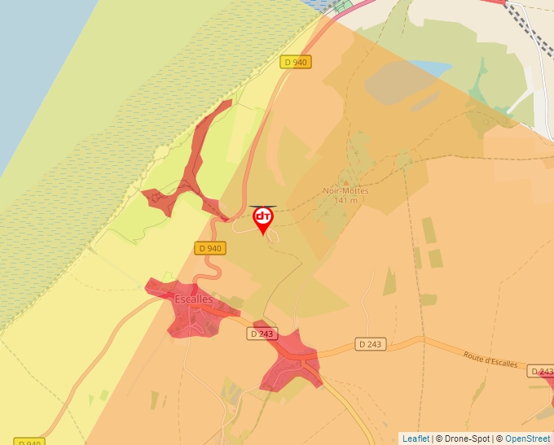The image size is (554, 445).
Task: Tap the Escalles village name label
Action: coord(194,299)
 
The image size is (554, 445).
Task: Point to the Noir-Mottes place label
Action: coord(345,191)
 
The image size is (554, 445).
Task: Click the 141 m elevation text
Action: coord(345,200)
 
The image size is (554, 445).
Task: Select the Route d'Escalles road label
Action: coord(490,360)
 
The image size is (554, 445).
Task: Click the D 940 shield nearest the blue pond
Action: coord(297,62)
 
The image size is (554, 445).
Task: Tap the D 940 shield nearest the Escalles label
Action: coord(209,248)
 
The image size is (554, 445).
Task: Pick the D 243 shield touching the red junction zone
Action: coord(263,334)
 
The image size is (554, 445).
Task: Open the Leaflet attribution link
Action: coord(415,438)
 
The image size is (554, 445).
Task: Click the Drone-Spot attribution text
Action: coord(464,438)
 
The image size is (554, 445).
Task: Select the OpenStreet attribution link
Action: coord(527,438)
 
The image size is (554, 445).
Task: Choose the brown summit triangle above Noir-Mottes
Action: coord(346,182)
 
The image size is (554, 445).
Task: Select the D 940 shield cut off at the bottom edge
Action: coord(29,442)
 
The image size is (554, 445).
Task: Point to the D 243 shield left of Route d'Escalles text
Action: coord(370,344)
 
